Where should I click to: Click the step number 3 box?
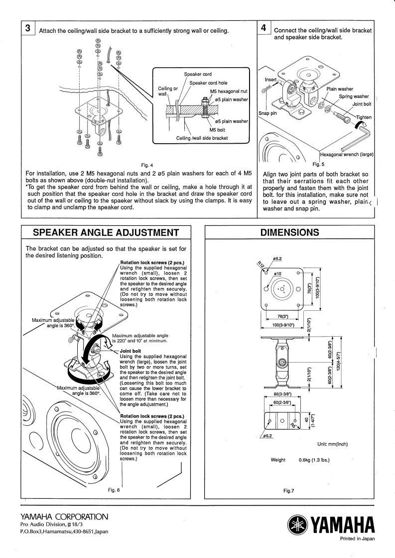pyautogui.click(x=28, y=28)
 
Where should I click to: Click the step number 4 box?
pyautogui.click(x=264, y=28)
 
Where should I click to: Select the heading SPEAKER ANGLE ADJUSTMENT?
pyautogui.click(x=106, y=233)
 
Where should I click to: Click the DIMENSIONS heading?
pyautogui.click(x=289, y=233)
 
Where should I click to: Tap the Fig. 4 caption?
pyautogui.click(x=147, y=165)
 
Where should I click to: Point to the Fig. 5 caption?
pyautogui.click(x=318, y=165)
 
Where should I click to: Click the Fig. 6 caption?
pyautogui.click(x=114, y=490)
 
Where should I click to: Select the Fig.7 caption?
pyautogui.click(x=289, y=491)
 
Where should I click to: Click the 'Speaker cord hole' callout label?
pyautogui.click(x=208, y=83)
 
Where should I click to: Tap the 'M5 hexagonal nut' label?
pyautogui.click(x=229, y=92)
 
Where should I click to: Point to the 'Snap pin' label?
pyautogui.click(x=267, y=113)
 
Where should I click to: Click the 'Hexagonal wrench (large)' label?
pyautogui.click(x=347, y=155)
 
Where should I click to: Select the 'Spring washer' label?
pyautogui.click(x=354, y=96)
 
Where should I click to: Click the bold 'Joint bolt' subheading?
pyautogui.click(x=131, y=351)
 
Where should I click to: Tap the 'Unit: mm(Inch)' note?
pyautogui.click(x=332, y=444)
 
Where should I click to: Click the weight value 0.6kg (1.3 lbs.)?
pyautogui.click(x=314, y=460)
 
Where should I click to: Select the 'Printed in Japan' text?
pyautogui.click(x=357, y=539)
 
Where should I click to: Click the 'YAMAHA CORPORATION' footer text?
pyautogui.click(x=64, y=517)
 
